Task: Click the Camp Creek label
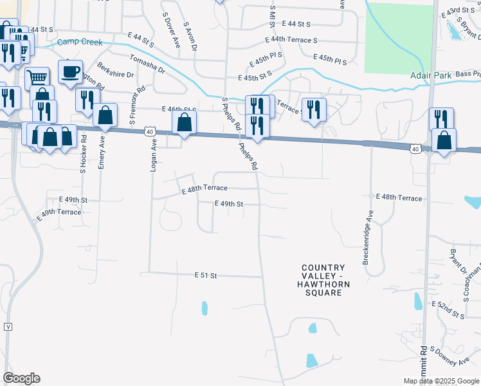pyautogui.click(x=80, y=42)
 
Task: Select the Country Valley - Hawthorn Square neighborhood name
pyautogui.click(x=323, y=280)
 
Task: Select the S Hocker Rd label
pyautogui.click(x=84, y=156)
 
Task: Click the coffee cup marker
pyautogui.click(x=71, y=71)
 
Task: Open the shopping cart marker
pyautogui.click(x=37, y=78)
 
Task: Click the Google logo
pyautogui.click(x=21, y=378)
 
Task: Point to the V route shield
pyautogui.click(x=8, y=326)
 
